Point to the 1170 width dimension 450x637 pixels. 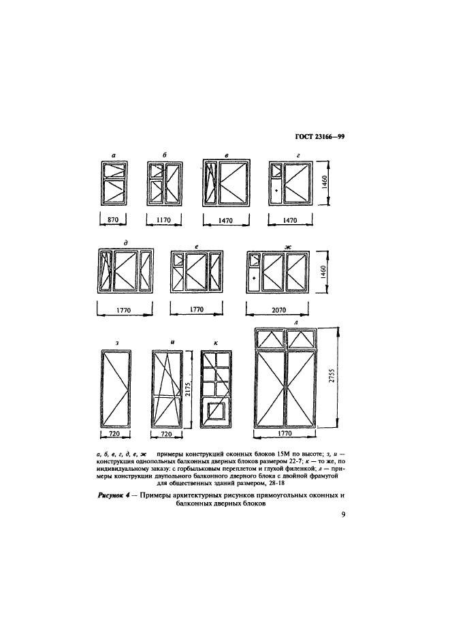tap(163, 220)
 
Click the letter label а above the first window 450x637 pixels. tap(114, 155)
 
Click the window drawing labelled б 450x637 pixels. tap(163, 183)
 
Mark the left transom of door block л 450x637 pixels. tap(270, 338)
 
